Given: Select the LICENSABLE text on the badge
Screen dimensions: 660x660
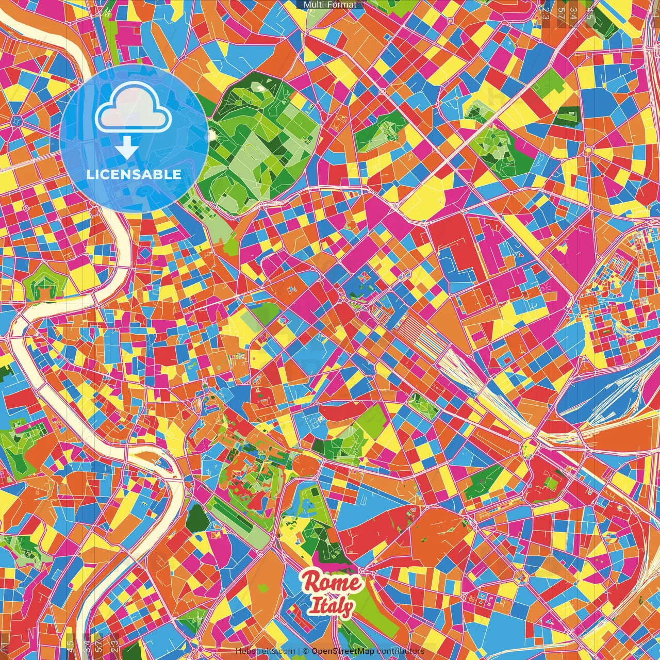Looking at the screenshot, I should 134,174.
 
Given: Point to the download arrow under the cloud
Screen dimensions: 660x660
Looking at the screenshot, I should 127,147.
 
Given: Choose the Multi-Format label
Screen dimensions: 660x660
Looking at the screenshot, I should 330,5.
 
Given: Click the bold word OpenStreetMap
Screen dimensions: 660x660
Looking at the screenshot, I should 343,651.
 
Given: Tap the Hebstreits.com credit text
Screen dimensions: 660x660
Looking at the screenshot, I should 266,651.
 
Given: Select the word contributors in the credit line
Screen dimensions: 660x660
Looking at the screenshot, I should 401,651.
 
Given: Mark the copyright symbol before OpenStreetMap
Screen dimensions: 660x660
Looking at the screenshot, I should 306,651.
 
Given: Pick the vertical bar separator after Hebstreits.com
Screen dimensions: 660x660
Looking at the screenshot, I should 299,651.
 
